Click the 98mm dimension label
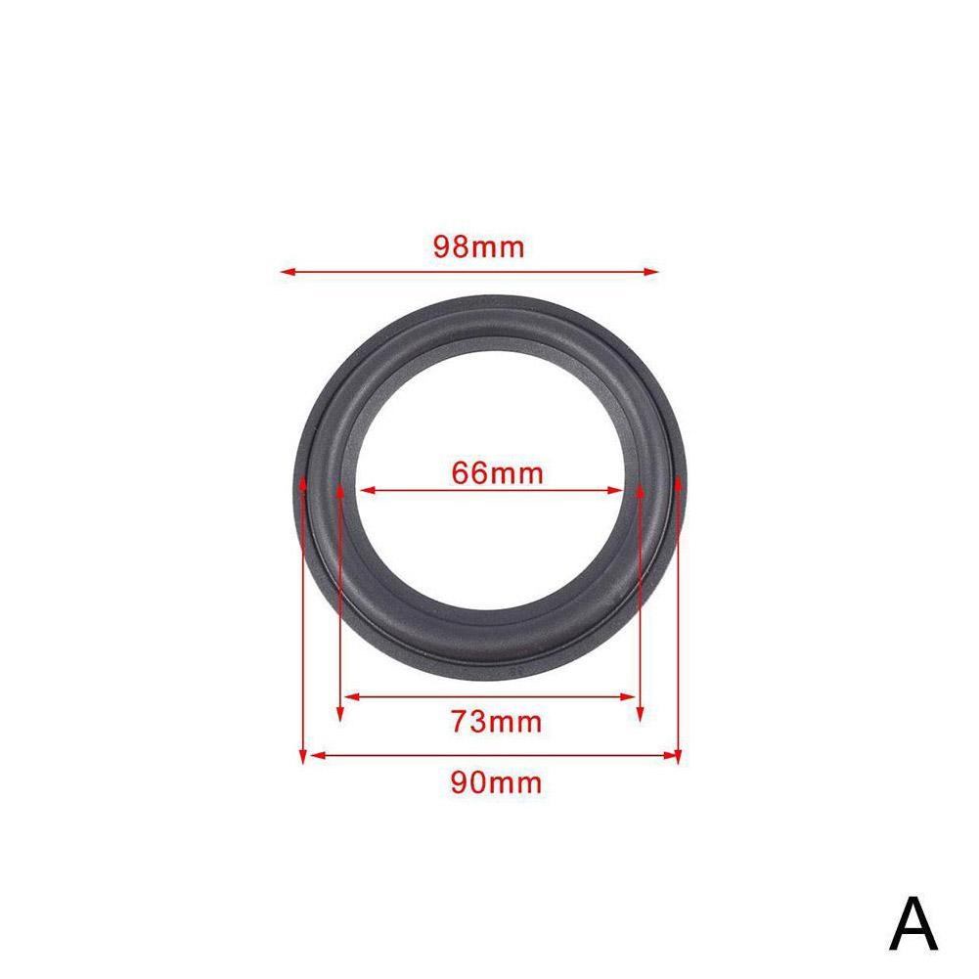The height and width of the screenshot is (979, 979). point(479,246)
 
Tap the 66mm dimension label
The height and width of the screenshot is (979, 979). point(497,473)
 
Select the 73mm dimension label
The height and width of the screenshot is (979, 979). point(497,722)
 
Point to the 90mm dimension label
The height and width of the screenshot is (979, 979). point(497,782)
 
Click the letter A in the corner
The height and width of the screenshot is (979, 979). point(912,924)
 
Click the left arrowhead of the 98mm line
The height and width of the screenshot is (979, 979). point(288,272)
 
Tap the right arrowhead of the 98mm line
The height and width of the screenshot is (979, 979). point(651,272)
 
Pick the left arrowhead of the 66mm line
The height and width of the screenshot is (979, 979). point(368,490)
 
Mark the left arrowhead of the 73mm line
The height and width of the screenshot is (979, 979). point(351,696)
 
